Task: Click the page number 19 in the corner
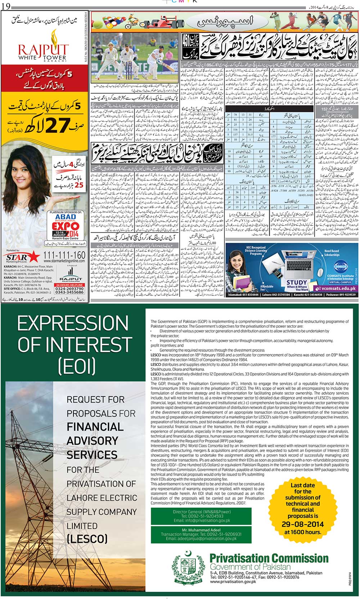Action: click(6, 5)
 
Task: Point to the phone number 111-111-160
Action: click(64, 255)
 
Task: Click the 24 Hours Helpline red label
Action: click(69, 285)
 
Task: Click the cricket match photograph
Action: click(134, 59)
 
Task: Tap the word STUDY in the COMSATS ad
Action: click(297, 282)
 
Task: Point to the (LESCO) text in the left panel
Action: click(87, 539)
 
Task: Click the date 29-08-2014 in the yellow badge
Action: click(302, 524)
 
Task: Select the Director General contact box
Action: click(201, 516)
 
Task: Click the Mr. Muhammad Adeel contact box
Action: click(201, 534)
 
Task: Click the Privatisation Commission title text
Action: click(269, 559)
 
